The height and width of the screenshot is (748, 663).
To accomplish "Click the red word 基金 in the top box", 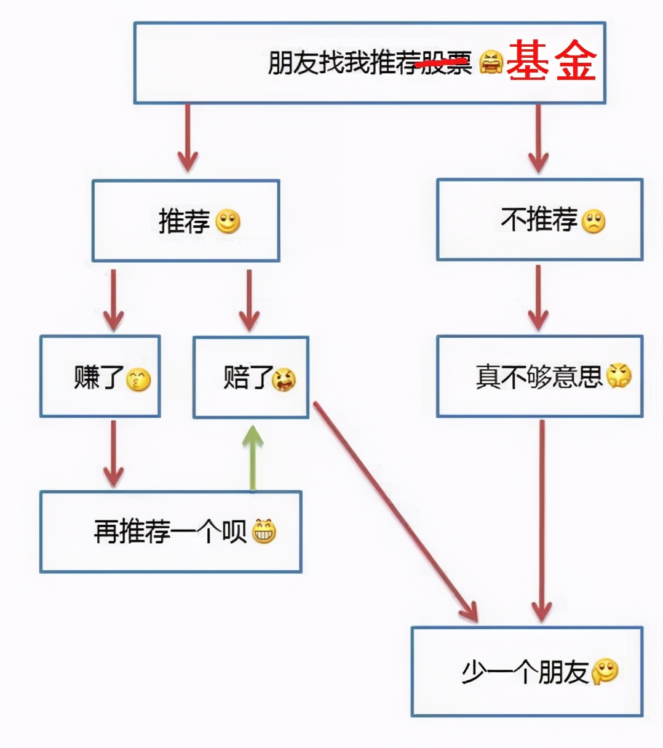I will (x=551, y=62).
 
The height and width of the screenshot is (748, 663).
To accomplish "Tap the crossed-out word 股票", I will (x=446, y=63).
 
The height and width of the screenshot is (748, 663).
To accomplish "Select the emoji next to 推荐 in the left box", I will (x=228, y=221).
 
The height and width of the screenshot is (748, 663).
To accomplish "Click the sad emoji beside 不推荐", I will (x=593, y=221).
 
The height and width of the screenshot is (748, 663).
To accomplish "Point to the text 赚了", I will (x=98, y=377).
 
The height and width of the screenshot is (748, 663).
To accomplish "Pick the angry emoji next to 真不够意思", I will (x=619, y=376).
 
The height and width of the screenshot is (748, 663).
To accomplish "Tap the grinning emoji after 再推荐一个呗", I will (x=264, y=531).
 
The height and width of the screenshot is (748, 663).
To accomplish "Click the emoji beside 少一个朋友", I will (x=605, y=671).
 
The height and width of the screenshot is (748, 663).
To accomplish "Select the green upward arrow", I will (x=252, y=458).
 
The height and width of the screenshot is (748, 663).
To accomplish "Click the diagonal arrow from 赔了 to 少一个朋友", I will (x=395, y=511).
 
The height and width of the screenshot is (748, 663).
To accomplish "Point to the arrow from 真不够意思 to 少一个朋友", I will (x=541, y=520).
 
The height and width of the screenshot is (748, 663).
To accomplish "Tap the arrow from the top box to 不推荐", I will (x=538, y=138).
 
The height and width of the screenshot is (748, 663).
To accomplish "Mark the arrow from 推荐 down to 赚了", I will (x=113, y=300).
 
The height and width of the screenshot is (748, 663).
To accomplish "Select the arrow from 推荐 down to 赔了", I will (x=248, y=300).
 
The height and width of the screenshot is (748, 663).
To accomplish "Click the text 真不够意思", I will (x=539, y=376).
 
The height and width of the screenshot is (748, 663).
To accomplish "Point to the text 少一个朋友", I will (x=525, y=672).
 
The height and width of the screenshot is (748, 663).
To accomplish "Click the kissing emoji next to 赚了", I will (x=138, y=380).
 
